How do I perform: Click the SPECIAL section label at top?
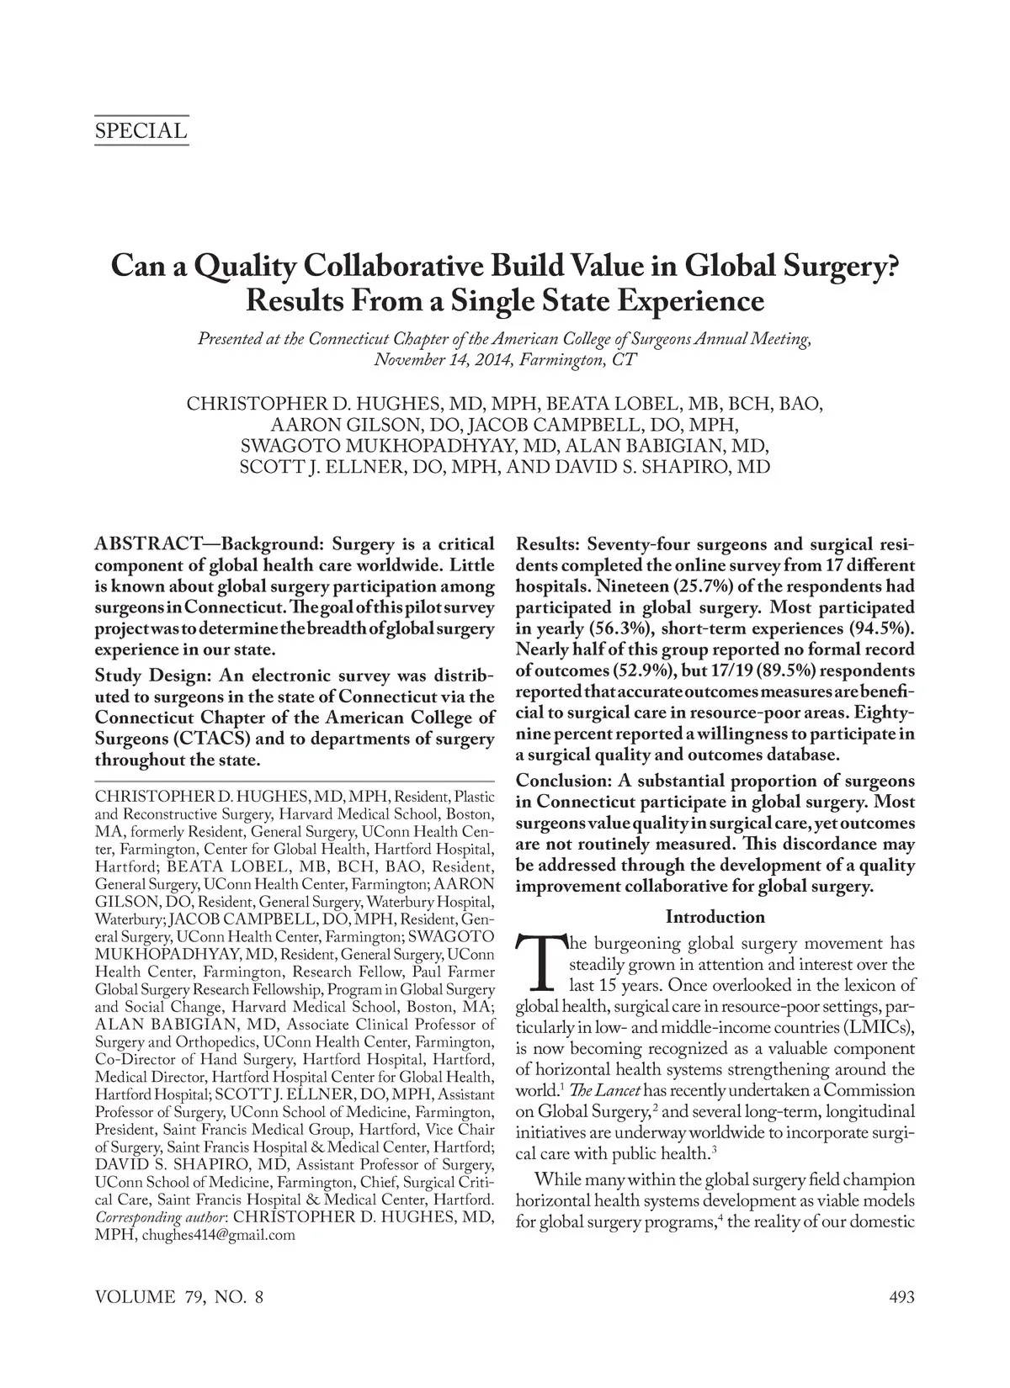coord(141,131)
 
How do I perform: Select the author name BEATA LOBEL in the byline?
coord(596,404)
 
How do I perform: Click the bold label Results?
coord(548,544)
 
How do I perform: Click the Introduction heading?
coord(715,917)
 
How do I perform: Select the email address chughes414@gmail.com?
coord(219,1235)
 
